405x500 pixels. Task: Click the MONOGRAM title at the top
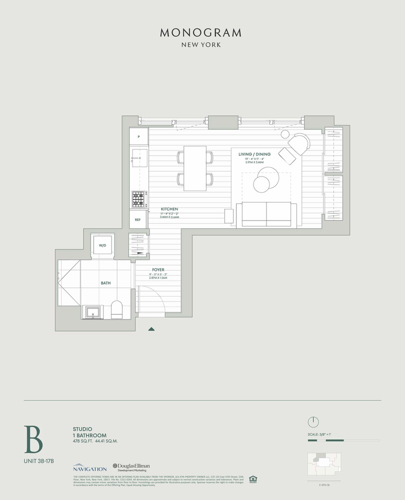[x=200, y=33]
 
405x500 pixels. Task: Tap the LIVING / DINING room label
[x=254, y=154]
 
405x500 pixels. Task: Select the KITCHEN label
[x=169, y=209]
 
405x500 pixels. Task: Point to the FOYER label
[x=158, y=270]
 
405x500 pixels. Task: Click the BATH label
[x=105, y=283]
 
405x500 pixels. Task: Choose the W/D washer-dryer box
[x=102, y=245]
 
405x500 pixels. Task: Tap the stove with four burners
[x=138, y=199]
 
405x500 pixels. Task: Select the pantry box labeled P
[x=139, y=136]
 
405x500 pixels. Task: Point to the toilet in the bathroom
[x=116, y=309]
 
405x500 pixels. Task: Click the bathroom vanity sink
[x=93, y=312]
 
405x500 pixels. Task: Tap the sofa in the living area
[x=266, y=214]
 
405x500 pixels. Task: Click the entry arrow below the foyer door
[x=151, y=329]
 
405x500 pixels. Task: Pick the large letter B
[x=33, y=438]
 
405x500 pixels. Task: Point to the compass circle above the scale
[x=313, y=421]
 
